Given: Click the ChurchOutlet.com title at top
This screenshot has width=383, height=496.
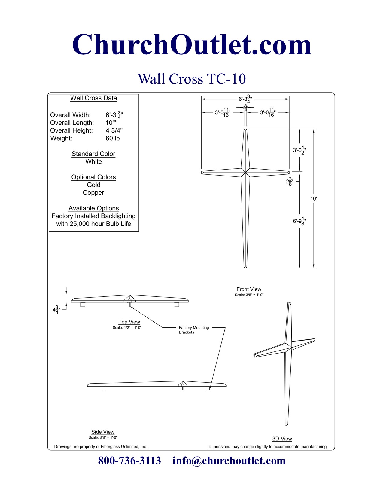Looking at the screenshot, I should click(192, 45).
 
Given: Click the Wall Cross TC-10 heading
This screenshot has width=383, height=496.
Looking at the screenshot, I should click(192, 79).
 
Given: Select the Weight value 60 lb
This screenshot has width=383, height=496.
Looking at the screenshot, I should click(113, 138).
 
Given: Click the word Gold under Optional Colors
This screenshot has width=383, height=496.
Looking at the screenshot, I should click(93, 185).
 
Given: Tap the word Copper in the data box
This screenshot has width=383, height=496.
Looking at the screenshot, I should click(93, 193).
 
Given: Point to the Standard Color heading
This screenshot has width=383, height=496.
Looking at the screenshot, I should click(93, 154).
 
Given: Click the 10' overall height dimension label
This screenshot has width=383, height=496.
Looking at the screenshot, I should click(314, 198).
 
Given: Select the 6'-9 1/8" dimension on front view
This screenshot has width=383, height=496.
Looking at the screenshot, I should click(299, 221).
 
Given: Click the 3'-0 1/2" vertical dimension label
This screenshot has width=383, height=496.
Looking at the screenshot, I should click(299, 150).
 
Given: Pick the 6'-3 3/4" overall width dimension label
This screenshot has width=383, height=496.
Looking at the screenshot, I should click(245, 99).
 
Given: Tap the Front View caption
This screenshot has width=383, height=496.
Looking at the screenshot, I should click(249, 289).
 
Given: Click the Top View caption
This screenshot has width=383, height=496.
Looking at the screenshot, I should click(129, 322).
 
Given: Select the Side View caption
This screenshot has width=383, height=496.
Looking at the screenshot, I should click(103, 432).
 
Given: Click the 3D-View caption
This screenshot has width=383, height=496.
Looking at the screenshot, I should click(282, 439).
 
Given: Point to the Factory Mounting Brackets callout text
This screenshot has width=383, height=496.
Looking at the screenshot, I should click(193, 330).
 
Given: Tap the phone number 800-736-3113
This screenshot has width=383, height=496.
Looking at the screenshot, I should click(129, 461).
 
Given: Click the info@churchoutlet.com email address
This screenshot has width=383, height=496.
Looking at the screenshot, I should click(229, 461).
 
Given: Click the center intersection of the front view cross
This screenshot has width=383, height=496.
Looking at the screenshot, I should click(245, 173).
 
